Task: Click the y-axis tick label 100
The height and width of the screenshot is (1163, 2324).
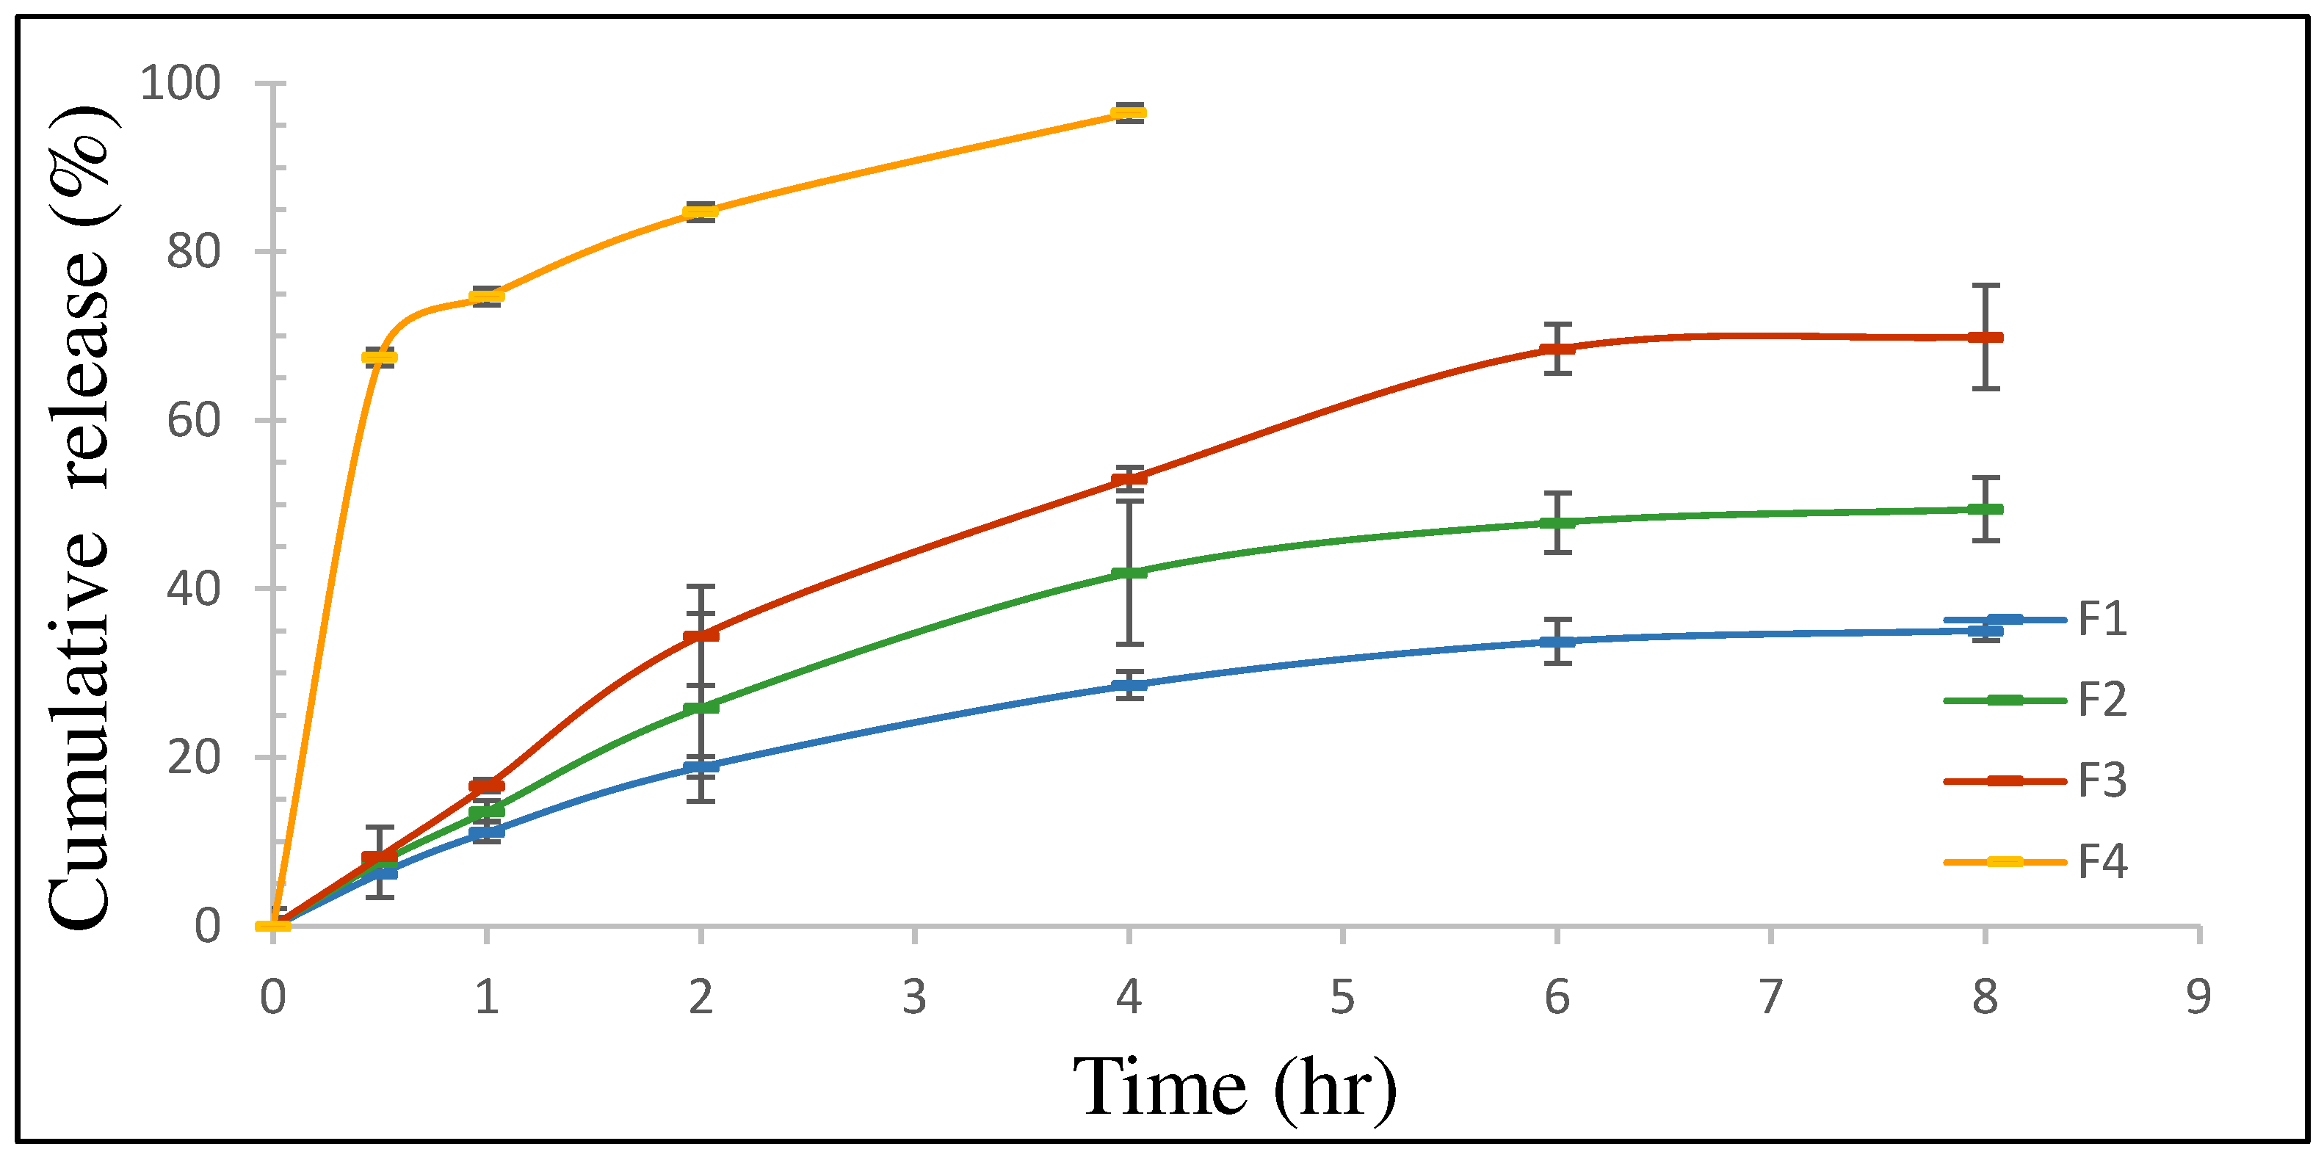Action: (180, 83)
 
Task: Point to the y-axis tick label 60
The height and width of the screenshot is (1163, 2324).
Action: (193, 421)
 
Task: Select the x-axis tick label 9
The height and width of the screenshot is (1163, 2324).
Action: (2198, 998)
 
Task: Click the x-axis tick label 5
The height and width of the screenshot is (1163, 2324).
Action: (1342, 998)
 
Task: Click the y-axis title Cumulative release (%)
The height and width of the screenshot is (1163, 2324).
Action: (79, 519)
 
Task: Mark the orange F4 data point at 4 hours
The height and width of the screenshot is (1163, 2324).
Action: (1129, 113)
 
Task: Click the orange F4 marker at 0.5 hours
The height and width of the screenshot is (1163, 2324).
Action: (379, 358)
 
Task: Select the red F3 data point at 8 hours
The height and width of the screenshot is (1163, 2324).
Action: (1985, 338)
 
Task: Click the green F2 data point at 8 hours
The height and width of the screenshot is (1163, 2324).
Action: (1985, 509)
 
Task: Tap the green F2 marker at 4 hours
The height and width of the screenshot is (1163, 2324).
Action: (1129, 572)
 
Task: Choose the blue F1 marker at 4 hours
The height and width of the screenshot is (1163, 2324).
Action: (1129, 685)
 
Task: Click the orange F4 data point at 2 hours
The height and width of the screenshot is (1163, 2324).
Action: (700, 212)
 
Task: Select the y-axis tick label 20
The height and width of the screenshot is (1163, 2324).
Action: (193, 757)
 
